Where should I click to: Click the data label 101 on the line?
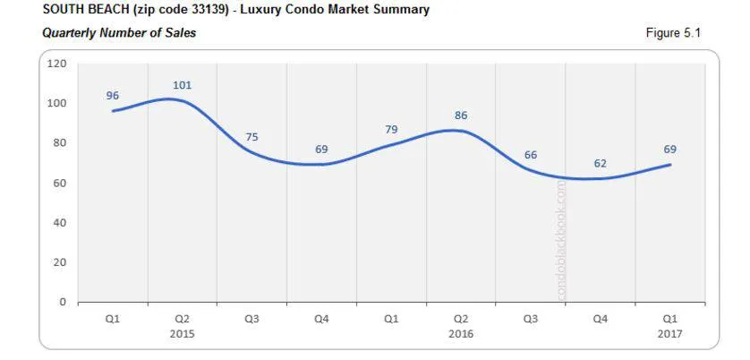coord(182,85)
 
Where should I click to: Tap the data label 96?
coord(112,96)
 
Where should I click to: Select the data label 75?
coord(251,137)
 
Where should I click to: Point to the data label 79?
coord(391,131)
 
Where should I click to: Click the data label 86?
coord(461,116)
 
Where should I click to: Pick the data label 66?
coord(531,155)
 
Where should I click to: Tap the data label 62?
coord(601,163)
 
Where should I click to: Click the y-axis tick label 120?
coord(57,64)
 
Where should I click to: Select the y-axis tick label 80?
coord(60,143)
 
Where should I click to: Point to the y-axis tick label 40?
coord(60,223)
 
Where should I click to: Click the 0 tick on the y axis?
coord(63,302)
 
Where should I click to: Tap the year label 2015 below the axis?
coord(182,333)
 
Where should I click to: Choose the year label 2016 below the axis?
coord(461,333)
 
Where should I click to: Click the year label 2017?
coord(670,333)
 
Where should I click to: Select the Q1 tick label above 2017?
coord(670,318)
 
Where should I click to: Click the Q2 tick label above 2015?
coord(182,318)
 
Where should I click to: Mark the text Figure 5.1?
coord(673,33)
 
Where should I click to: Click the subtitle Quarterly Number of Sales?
coord(119,33)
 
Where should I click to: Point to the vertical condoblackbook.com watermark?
coord(562,240)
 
